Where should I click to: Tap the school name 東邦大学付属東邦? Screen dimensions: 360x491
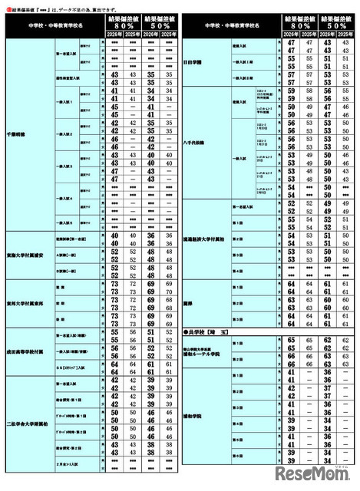[x=28, y=305]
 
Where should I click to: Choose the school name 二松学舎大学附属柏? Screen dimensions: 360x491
[x=30, y=423]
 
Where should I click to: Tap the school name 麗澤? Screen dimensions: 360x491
[x=189, y=302]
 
